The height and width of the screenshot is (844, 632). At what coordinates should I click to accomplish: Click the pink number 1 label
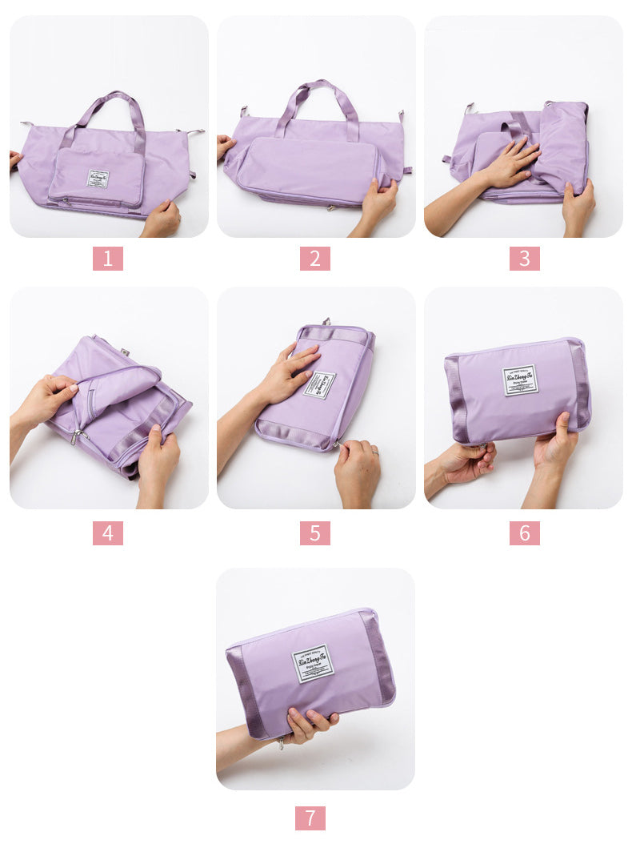point(108,259)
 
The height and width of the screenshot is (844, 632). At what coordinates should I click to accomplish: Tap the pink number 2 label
point(315,259)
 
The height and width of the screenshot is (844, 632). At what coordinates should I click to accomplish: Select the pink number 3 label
point(524,259)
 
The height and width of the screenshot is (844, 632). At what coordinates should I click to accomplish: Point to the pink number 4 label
point(108,533)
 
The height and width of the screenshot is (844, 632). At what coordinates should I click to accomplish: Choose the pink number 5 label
point(315,533)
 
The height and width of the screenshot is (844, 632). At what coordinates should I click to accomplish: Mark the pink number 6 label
point(524,533)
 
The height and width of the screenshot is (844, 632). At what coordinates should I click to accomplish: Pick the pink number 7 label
point(310,818)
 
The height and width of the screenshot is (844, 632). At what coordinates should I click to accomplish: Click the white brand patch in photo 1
point(98,179)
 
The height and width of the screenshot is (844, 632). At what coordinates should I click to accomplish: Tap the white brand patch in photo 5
point(320,384)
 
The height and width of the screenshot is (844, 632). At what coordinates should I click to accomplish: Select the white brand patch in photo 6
point(520,380)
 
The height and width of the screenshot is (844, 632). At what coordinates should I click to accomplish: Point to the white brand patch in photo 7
point(313,663)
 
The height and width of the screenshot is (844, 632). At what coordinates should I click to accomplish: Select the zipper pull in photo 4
point(78,436)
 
